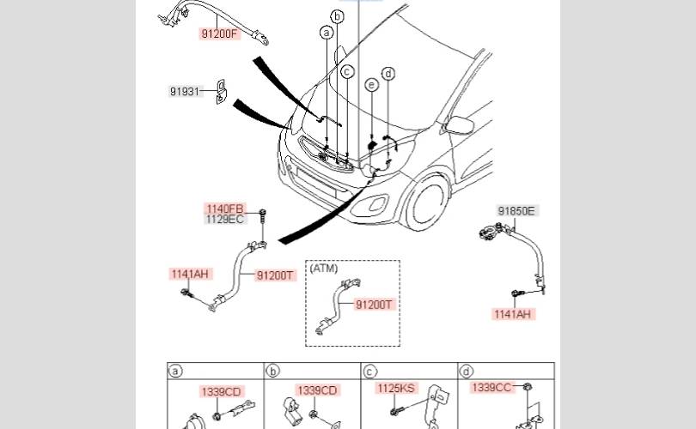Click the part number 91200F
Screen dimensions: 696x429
(x=220, y=33)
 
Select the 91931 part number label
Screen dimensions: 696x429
(x=185, y=91)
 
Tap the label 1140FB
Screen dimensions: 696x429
(x=225, y=208)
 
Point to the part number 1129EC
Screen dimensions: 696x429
(x=225, y=219)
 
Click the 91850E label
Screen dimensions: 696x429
(x=516, y=211)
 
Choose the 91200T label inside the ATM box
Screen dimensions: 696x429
(x=374, y=305)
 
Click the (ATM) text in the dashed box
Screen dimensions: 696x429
(x=324, y=268)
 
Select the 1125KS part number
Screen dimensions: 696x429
(x=396, y=388)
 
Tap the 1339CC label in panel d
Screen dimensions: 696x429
(x=491, y=387)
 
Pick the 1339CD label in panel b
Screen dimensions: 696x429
(x=317, y=390)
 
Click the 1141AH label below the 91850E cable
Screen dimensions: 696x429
(x=513, y=314)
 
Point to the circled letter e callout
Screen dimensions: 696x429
(x=372, y=85)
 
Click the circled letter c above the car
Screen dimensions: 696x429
(x=347, y=71)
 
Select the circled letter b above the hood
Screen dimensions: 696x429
(x=338, y=16)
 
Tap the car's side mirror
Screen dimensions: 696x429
(x=460, y=125)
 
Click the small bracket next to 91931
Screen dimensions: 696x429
(x=221, y=92)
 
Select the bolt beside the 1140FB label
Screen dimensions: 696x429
(x=262, y=216)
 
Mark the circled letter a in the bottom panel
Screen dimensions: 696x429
(x=176, y=371)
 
